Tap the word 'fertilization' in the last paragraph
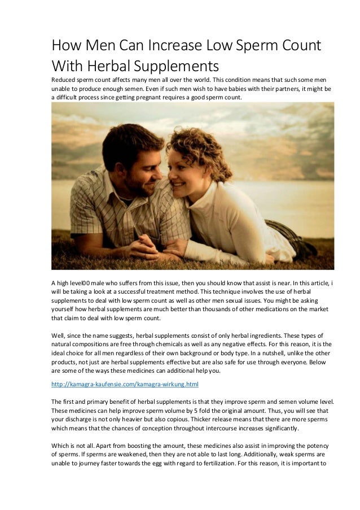pyautogui.click(x=249, y=464)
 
